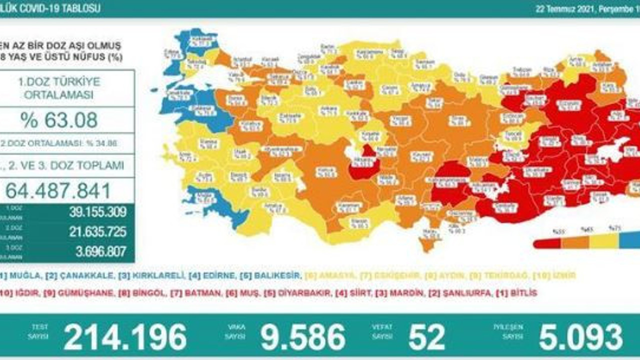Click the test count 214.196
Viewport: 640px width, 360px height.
click(x=125, y=337)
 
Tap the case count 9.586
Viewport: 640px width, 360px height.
click(x=303, y=337)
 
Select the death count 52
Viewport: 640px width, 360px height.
click(x=426, y=337)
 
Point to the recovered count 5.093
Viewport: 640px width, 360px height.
click(x=580, y=337)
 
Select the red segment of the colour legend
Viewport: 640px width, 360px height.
click(x=547, y=243)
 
